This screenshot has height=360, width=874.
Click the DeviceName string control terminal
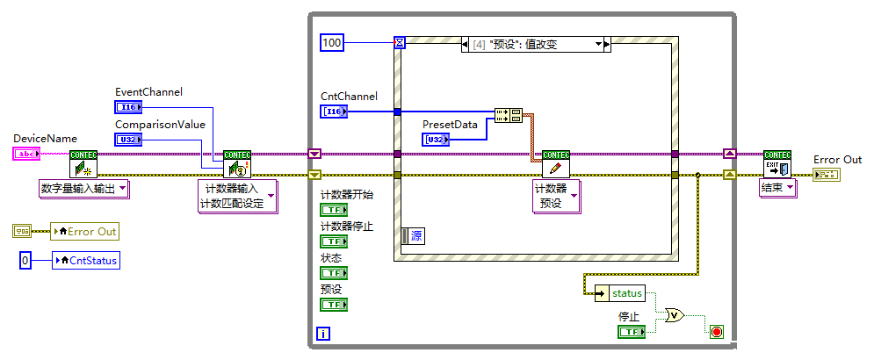point(26,154)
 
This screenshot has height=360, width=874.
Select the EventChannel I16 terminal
point(127,107)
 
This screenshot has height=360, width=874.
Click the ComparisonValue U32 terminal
point(127,140)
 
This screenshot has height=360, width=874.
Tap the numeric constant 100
point(332,41)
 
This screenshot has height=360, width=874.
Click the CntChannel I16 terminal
point(334,112)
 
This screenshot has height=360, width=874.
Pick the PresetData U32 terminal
point(435,140)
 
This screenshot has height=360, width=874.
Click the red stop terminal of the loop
point(716,331)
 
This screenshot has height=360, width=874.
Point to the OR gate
point(675,315)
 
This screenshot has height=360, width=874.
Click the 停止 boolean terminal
point(631,331)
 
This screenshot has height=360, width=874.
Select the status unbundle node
point(620,293)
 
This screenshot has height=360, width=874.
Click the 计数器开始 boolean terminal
point(333,210)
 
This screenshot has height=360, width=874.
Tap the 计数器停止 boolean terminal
point(333,241)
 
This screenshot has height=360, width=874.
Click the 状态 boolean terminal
point(333,273)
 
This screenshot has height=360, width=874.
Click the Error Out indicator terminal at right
point(826,175)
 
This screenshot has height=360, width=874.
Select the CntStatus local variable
point(85,260)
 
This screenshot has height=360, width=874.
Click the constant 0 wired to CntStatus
point(25,260)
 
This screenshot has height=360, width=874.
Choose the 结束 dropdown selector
point(778,187)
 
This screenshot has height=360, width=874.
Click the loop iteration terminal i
point(322,333)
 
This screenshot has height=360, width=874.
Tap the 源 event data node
point(413,235)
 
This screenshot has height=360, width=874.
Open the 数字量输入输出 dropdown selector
point(84,187)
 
